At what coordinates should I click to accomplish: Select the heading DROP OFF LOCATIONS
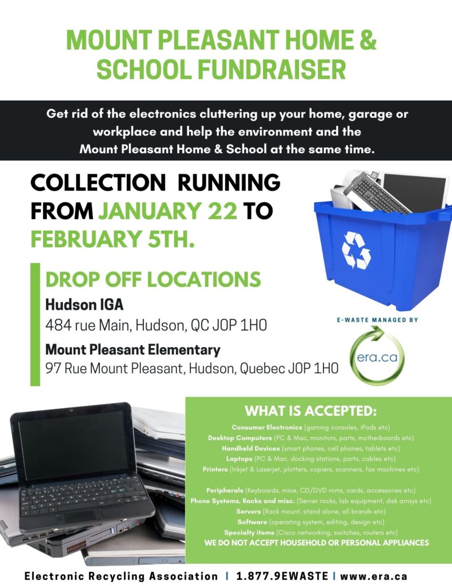[153, 280]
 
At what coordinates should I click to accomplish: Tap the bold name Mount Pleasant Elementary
[133, 349]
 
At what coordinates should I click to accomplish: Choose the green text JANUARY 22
[168, 211]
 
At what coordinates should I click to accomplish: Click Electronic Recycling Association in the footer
[121, 576]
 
